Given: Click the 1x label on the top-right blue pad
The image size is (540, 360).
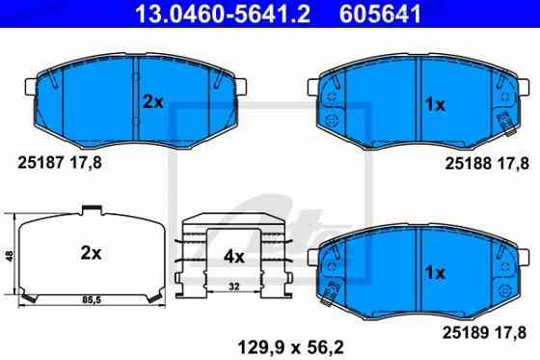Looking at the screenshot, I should pos(435,105).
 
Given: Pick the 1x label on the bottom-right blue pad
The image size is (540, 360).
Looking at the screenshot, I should pos(435,273).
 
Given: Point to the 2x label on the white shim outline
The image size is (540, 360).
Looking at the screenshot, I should pos(91,254).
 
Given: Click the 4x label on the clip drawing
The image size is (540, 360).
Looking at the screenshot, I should pos(233,258).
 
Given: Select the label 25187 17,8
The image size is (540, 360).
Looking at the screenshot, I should pos(60,162).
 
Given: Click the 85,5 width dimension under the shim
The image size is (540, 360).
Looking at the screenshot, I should pos(91,302).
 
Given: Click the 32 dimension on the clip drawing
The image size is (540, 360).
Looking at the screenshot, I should pos(234,286).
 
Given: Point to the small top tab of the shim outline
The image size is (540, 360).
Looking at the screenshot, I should pos(92,209).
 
